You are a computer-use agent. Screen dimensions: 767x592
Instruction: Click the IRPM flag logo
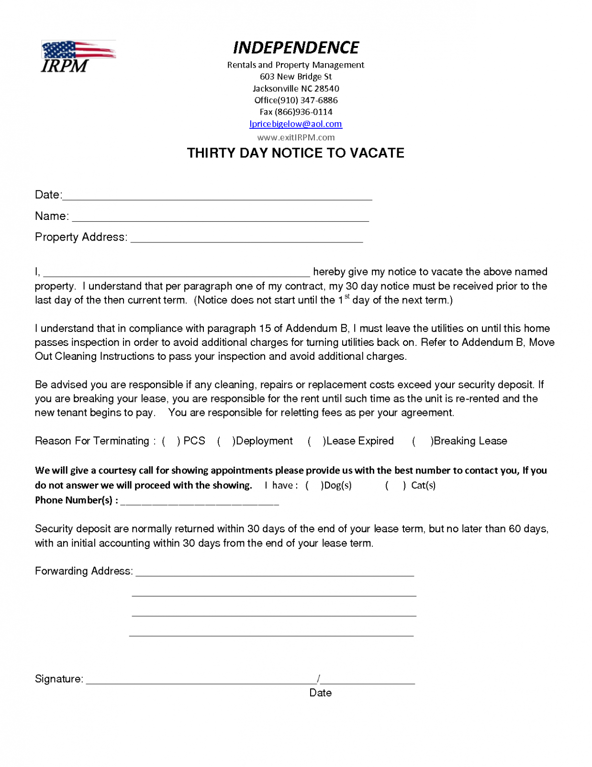coord(78,57)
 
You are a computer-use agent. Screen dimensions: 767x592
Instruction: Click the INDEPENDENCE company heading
coord(296,47)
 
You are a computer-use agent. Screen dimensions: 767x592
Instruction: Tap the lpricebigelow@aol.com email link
coord(296,124)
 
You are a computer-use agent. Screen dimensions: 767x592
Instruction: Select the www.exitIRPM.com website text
coord(296,137)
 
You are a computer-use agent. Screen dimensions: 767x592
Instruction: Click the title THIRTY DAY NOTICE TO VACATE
coord(296,153)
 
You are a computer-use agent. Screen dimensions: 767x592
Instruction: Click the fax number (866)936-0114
coord(303,112)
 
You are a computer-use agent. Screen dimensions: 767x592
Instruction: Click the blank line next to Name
coord(220,218)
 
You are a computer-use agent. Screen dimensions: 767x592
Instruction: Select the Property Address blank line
coord(246,239)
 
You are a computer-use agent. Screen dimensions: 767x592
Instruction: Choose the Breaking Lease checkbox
coord(422,441)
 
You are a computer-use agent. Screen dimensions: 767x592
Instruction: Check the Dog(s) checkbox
coord(314,486)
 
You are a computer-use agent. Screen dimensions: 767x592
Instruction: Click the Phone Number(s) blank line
coord(200,502)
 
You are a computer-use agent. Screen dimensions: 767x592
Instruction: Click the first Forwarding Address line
coord(275,573)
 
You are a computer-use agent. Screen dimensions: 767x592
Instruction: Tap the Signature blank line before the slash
coord(201,681)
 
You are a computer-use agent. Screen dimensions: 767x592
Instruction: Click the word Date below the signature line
coord(320,693)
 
